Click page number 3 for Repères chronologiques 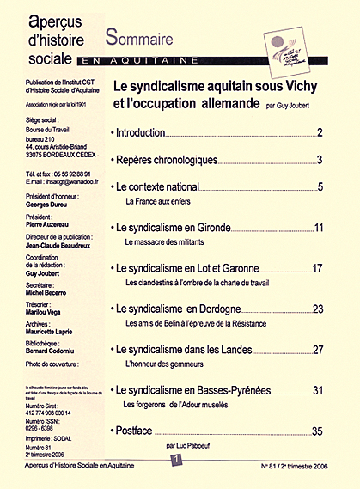[319, 161]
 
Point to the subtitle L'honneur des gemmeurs [168, 364]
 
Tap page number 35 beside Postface [317, 431]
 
